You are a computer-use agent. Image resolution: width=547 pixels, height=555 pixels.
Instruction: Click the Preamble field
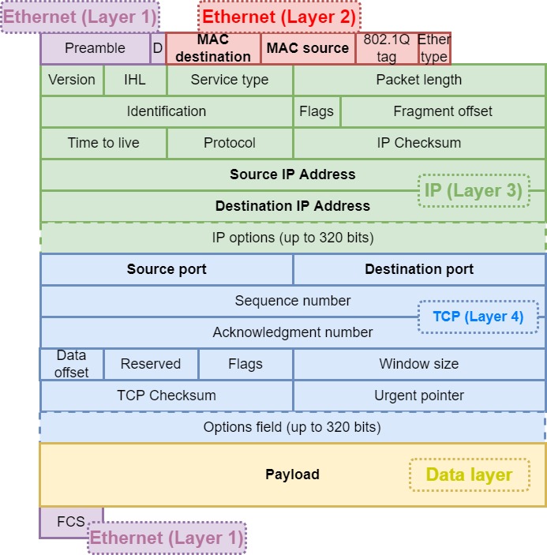coord(95,48)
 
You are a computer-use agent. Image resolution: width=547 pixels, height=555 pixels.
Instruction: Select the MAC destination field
coord(213,48)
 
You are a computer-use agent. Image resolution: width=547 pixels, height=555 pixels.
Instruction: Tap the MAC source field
coord(307,48)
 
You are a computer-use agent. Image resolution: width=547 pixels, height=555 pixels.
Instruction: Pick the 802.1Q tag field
coord(387,48)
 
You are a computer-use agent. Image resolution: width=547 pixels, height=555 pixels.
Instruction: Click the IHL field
coord(135,80)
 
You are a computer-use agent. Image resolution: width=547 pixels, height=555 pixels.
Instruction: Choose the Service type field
coord(230,80)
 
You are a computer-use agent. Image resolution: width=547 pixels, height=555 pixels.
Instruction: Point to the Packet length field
coord(419,80)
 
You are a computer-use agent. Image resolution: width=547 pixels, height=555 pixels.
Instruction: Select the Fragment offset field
coord(443,111)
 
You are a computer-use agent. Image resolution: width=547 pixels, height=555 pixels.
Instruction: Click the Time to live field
coord(103,143)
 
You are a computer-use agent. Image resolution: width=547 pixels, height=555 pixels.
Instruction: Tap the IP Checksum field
coord(419,143)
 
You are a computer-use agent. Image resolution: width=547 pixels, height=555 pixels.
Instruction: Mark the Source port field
coord(167,269)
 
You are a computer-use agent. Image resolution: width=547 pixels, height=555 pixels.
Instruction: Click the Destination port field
coord(419,269)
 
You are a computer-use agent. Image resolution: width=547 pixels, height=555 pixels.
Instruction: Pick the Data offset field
coord(72,364)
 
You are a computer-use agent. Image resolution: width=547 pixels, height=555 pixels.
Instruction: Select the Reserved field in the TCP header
coord(151,364)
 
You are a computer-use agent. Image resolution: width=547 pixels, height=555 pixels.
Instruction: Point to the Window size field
coord(419,364)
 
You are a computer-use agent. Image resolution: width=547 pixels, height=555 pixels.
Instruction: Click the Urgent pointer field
coord(419,396)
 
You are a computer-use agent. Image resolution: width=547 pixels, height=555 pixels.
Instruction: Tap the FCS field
coord(71,522)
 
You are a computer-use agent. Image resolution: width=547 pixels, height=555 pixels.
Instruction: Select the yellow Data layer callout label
coord(469,475)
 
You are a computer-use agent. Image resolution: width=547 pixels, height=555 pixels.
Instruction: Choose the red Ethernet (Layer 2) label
coord(279,17)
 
